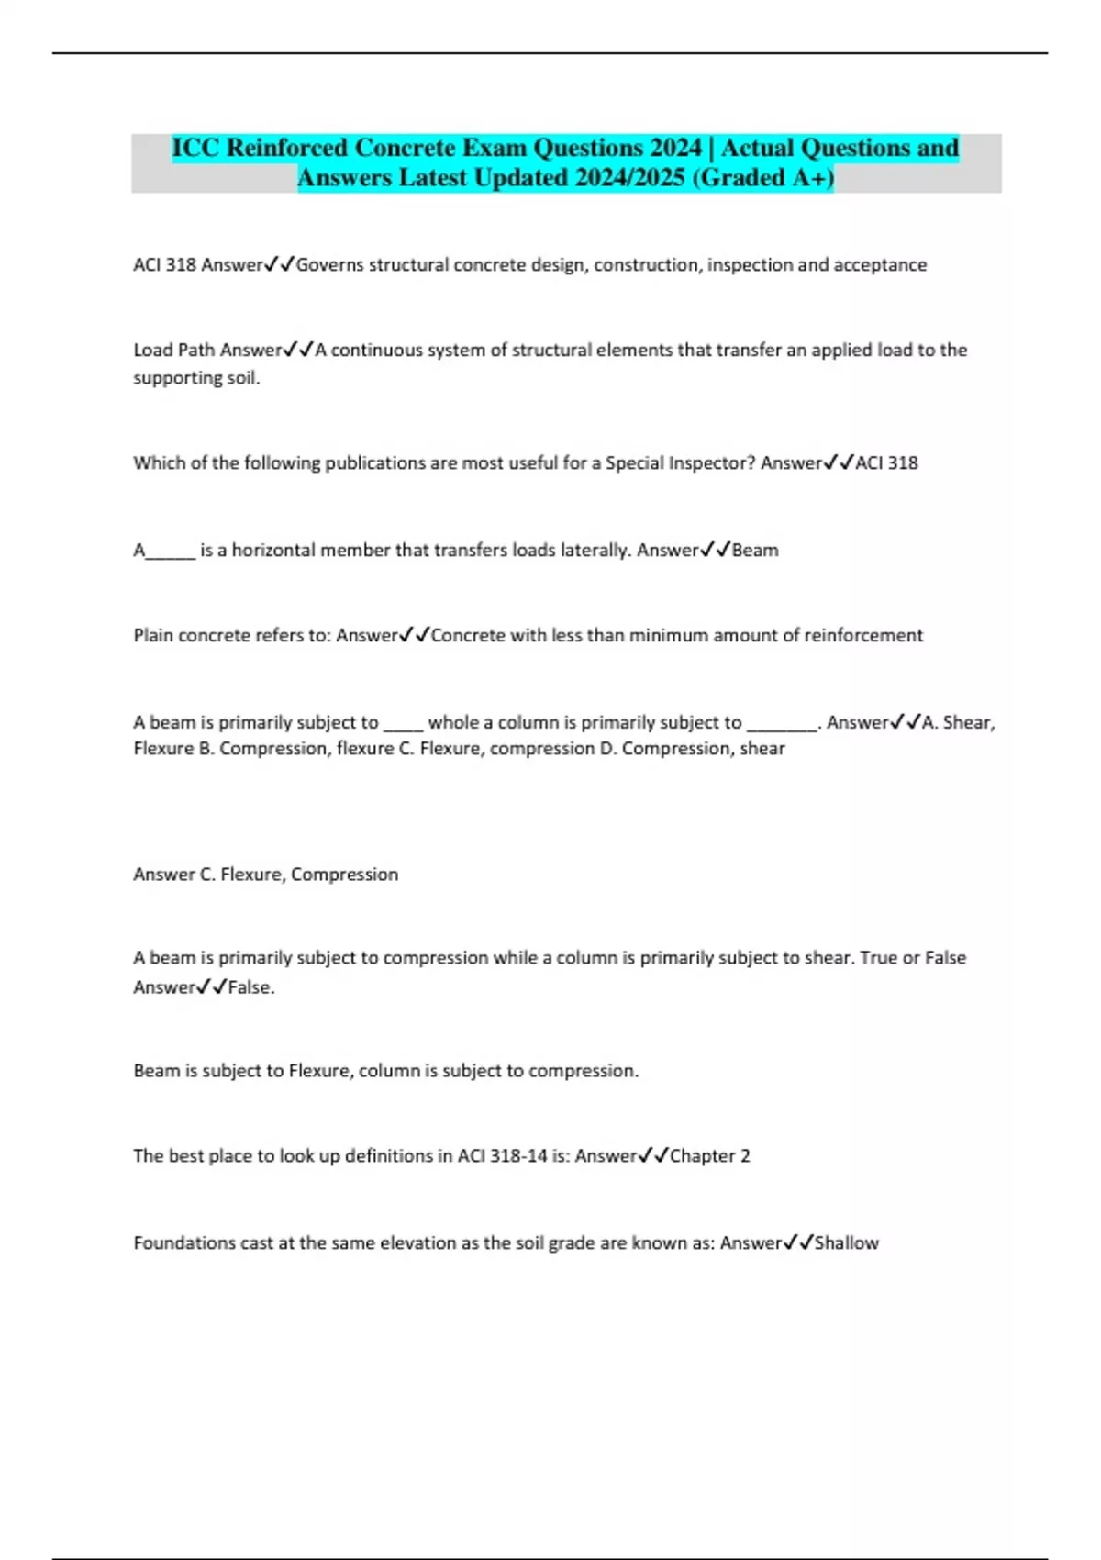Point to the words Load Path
click(x=174, y=350)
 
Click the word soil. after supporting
click(x=243, y=378)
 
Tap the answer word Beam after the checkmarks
click(x=755, y=551)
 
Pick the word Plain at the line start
click(x=153, y=635)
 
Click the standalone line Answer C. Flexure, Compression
click(x=266, y=875)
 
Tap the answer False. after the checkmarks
click(x=251, y=987)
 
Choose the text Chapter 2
click(x=709, y=1156)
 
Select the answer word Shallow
click(x=847, y=1243)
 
